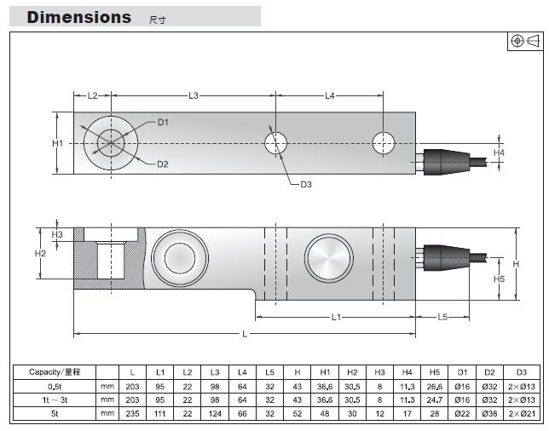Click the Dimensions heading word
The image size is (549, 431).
point(79,17)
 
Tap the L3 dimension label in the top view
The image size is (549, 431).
point(194,95)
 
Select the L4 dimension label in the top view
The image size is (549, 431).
point(329,95)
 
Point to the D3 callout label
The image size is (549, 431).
point(305,184)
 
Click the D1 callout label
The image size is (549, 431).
point(163,123)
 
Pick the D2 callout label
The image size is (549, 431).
point(163,164)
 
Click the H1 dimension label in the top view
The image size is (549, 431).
point(57,143)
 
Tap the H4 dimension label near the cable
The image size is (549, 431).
point(500,152)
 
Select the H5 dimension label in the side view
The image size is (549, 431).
point(500,279)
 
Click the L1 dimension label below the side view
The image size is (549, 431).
point(335,317)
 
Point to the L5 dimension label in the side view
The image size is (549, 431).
point(442,317)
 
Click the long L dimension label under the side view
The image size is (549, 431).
point(244,334)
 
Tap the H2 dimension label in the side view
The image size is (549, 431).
point(40,254)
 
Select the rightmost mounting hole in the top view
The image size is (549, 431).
point(383,143)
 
